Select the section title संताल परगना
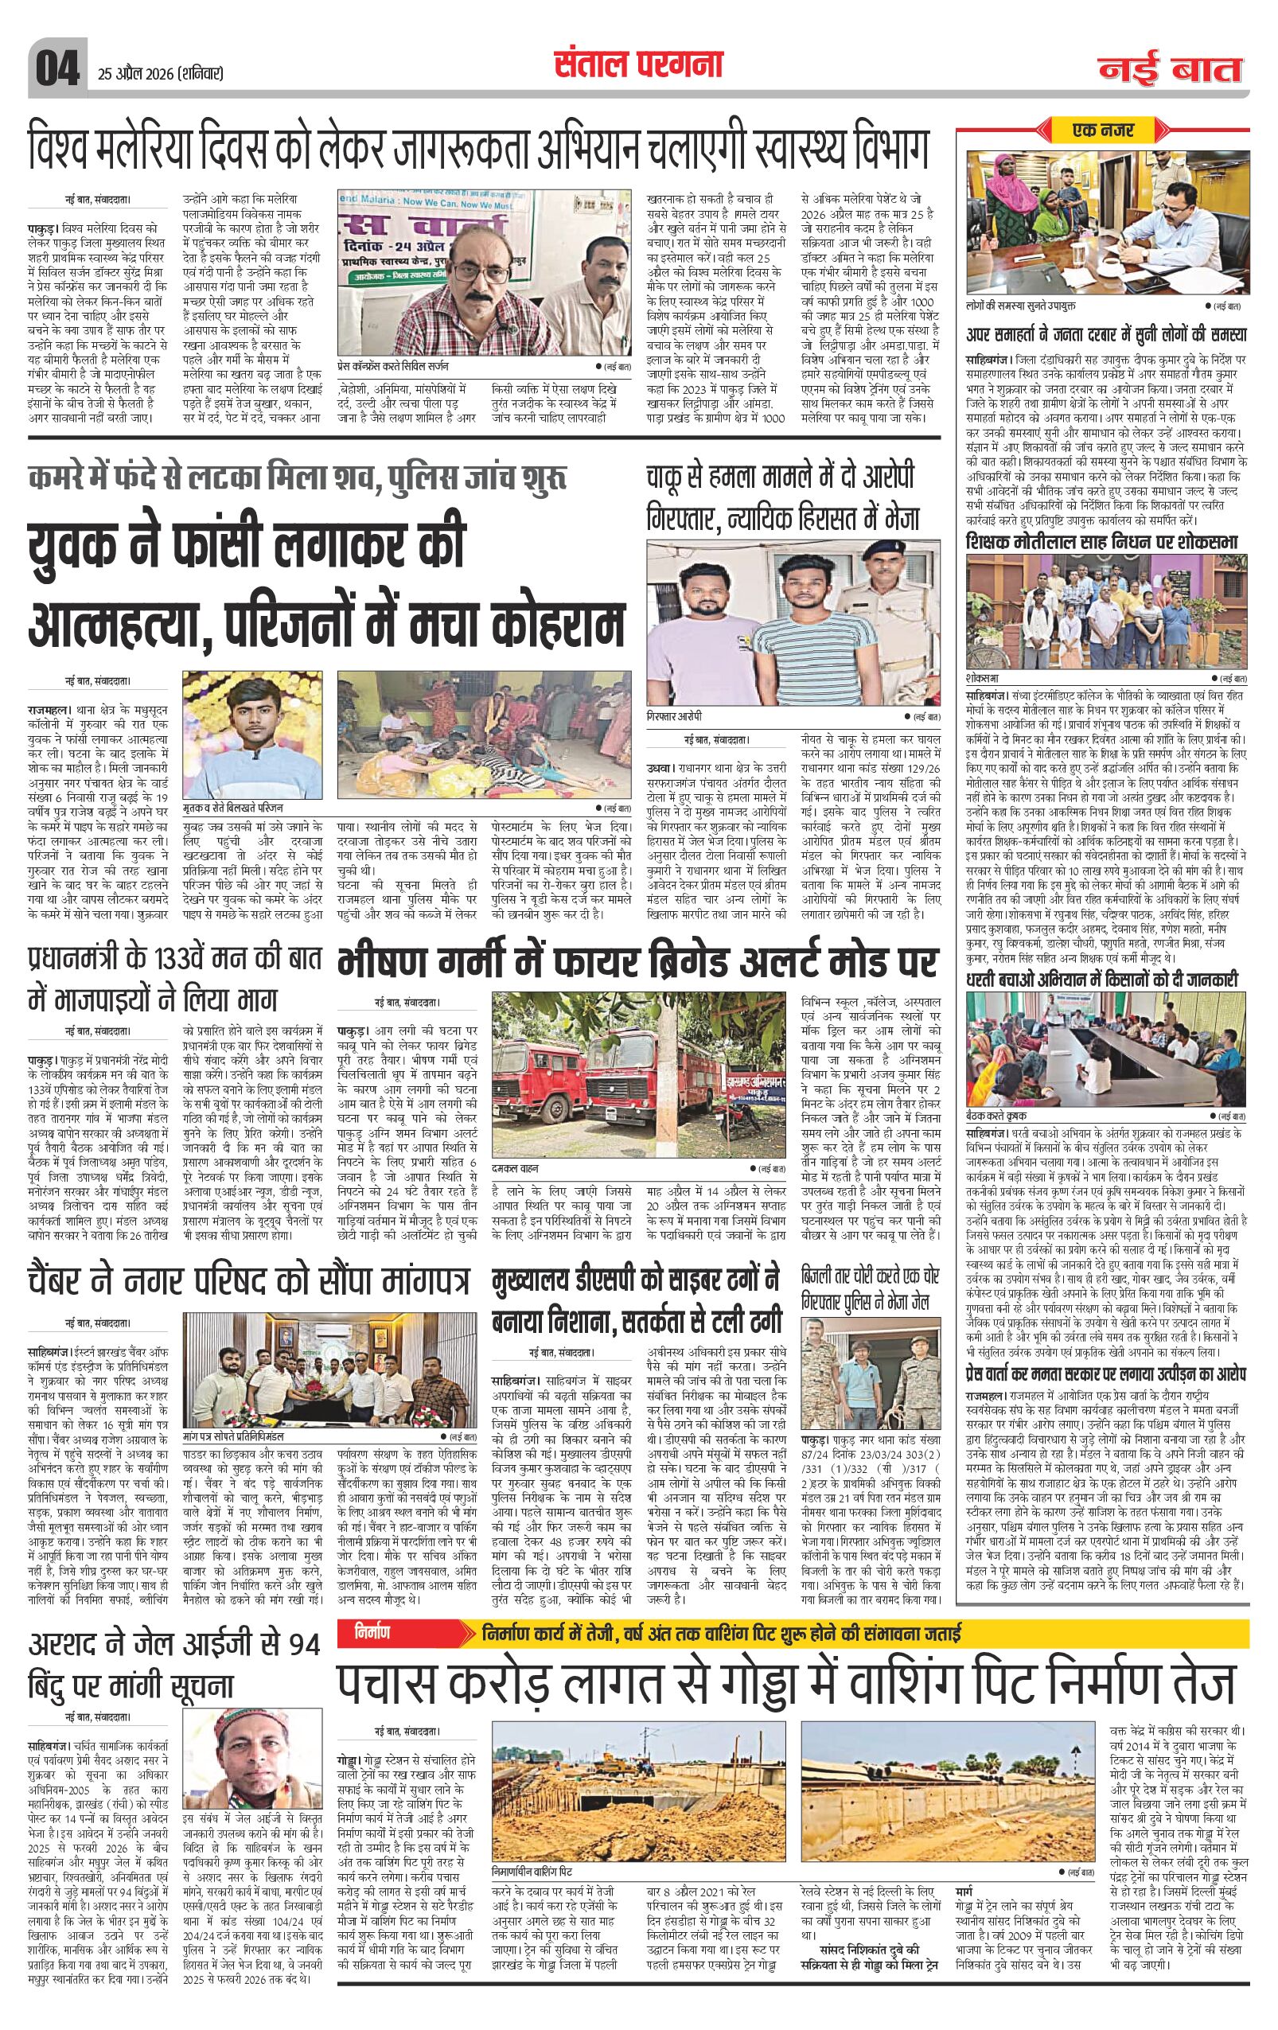[x=638, y=67]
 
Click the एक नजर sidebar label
[x=1104, y=130]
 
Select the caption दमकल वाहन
[x=517, y=1168]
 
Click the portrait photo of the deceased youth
[x=253, y=726]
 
